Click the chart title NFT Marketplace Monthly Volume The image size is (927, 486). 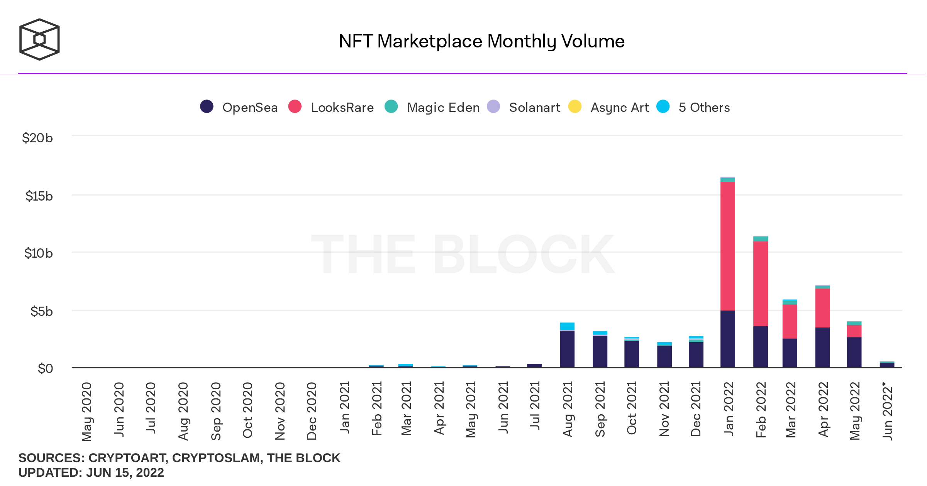[481, 41]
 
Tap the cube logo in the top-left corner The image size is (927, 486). [39, 39]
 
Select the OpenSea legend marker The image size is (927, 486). [207, 106]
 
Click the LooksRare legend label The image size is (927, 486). [342, 107]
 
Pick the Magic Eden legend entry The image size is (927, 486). [432, 107]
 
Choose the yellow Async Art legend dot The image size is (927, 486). [575, 106]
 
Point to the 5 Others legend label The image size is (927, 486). [704, 107]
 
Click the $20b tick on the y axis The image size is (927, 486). [37, 138]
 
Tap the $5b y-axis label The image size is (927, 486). [42, 311]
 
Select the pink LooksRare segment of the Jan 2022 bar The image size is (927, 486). [728, 246]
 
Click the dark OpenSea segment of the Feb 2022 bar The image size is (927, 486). [761, 347]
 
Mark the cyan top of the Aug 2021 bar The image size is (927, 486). [567, 326]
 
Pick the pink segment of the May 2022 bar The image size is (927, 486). [854, 331]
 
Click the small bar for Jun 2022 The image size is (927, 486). [887, 364]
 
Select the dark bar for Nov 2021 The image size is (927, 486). [664, 356]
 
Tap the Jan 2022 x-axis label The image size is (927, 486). [728, 409]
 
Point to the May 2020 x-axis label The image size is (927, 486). [87, 412]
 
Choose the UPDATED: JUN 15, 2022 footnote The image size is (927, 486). [91, 472]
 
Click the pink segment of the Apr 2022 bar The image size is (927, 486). [823, 308]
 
